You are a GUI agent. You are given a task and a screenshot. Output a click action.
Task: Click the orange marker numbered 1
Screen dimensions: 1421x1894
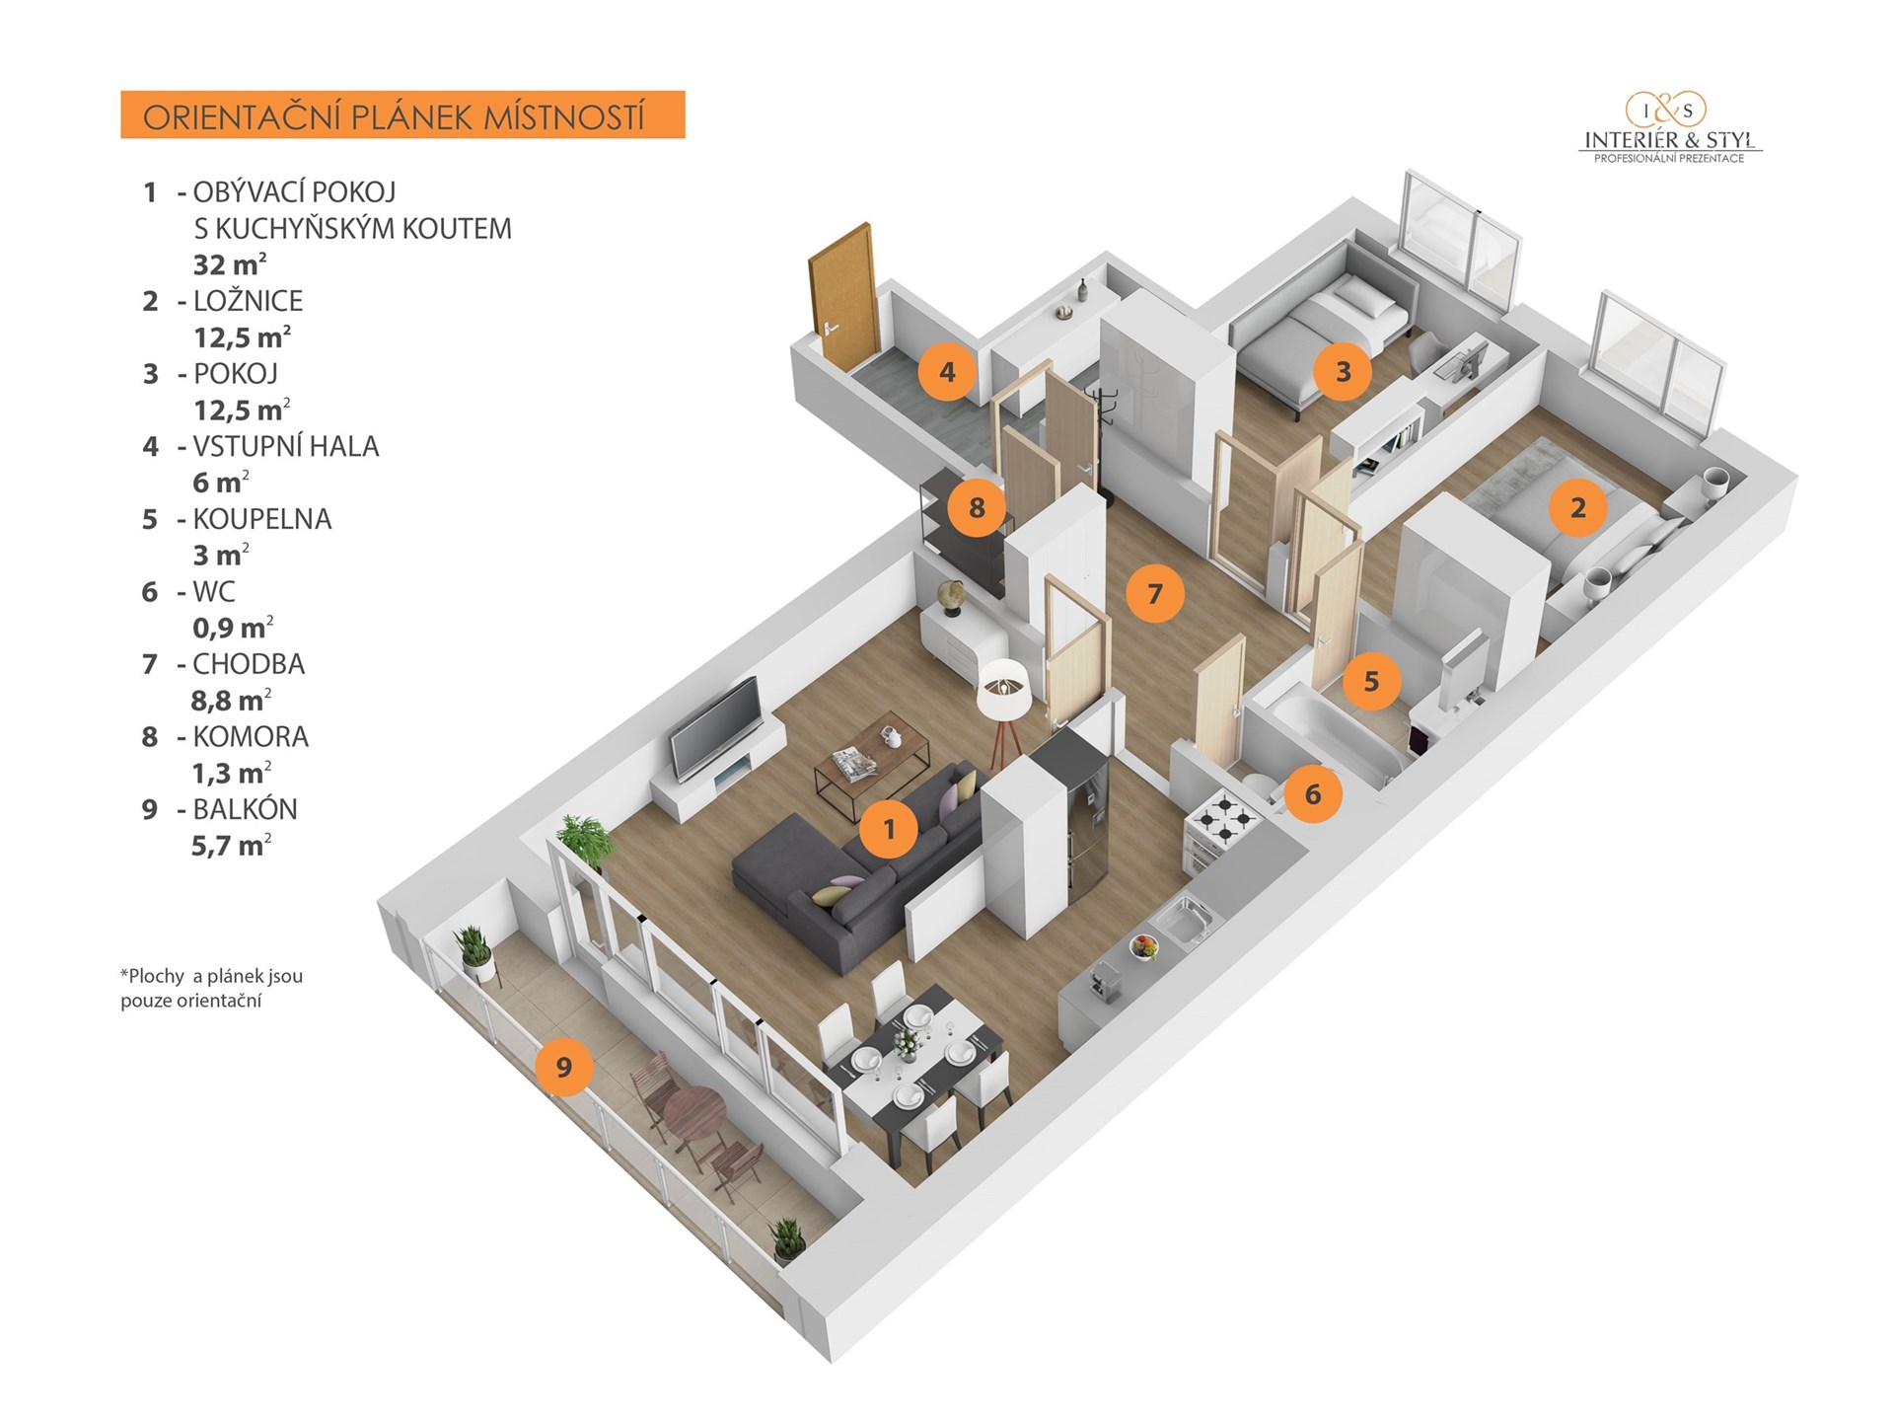coord(889,828)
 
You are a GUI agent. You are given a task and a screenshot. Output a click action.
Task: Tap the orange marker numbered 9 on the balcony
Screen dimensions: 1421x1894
coord(563,1066)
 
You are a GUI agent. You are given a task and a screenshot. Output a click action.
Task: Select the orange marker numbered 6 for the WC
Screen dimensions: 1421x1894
coord(1312,793)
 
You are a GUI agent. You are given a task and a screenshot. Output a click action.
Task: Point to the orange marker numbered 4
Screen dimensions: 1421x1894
coord(947,372)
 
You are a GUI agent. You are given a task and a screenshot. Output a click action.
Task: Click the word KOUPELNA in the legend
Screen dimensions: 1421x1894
coord(261,519)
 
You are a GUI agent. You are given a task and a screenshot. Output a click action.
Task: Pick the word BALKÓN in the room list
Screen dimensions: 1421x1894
coord(245,809)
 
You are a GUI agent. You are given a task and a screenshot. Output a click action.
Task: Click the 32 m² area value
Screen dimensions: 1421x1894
coord(229,264)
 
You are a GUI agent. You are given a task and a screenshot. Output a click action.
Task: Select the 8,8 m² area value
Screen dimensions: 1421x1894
coord(230,701)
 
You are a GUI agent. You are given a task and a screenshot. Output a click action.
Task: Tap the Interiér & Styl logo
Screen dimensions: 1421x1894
coord(1669,128)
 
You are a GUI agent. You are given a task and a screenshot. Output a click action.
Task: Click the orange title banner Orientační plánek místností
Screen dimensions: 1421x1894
coord(402,115)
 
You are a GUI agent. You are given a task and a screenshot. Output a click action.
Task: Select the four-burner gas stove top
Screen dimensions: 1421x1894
coord(1224,818)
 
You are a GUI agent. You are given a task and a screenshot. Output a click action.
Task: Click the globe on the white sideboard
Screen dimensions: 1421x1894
coord(953,595)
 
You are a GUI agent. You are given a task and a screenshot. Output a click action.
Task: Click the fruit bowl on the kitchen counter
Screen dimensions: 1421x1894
coord(1143,946)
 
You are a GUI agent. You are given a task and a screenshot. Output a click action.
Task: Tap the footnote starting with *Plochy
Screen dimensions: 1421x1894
coord(211,988)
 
